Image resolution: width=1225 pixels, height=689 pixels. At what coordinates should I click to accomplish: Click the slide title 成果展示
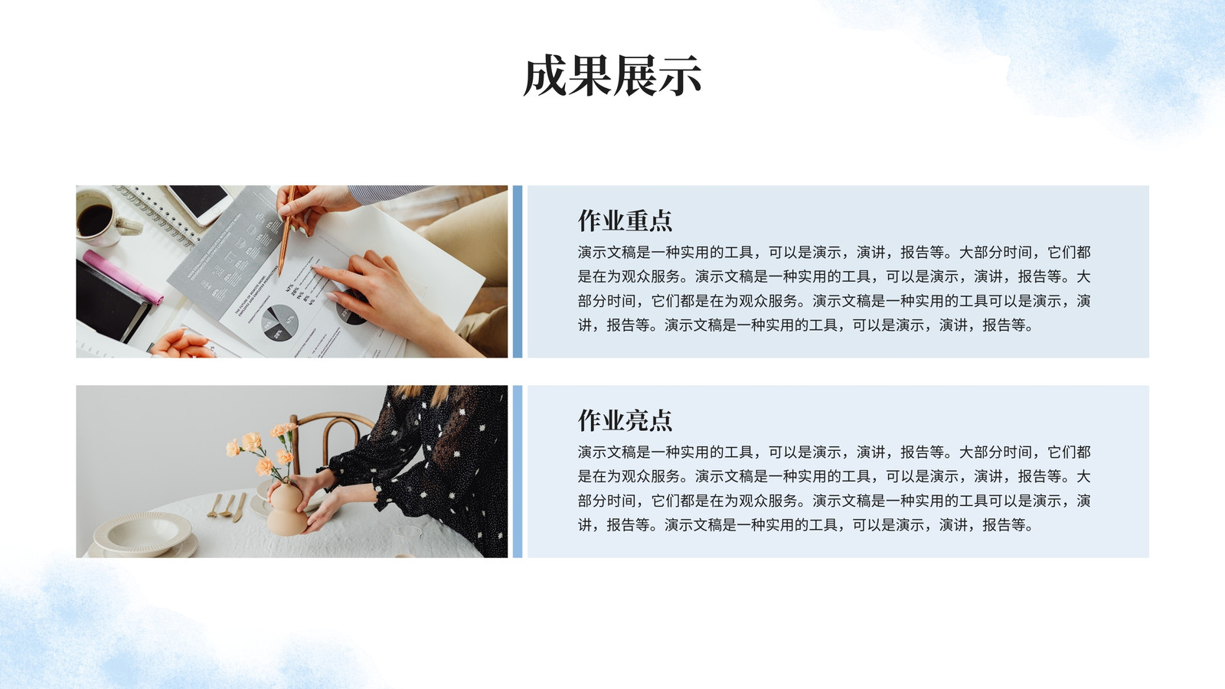tap(612, 76)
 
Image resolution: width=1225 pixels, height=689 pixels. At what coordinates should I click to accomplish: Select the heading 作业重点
tap(625, 220)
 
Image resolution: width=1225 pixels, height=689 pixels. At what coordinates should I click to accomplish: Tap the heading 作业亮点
tap(625, 420)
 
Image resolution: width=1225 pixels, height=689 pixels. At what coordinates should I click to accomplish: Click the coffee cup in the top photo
tap(104, 217)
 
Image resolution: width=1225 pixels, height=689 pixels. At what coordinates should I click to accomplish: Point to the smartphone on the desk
tap(199, 203)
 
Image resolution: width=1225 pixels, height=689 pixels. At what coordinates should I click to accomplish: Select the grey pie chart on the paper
tap(279, 322)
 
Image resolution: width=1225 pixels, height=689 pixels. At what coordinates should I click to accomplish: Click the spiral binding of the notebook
tap(158, 214)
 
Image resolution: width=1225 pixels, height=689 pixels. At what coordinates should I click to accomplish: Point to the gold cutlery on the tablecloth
tap(227, 507)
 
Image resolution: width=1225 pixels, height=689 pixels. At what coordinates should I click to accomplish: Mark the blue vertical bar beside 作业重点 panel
tap(518, 272)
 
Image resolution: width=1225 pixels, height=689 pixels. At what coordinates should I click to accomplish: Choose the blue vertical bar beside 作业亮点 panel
tap(518, 472)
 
